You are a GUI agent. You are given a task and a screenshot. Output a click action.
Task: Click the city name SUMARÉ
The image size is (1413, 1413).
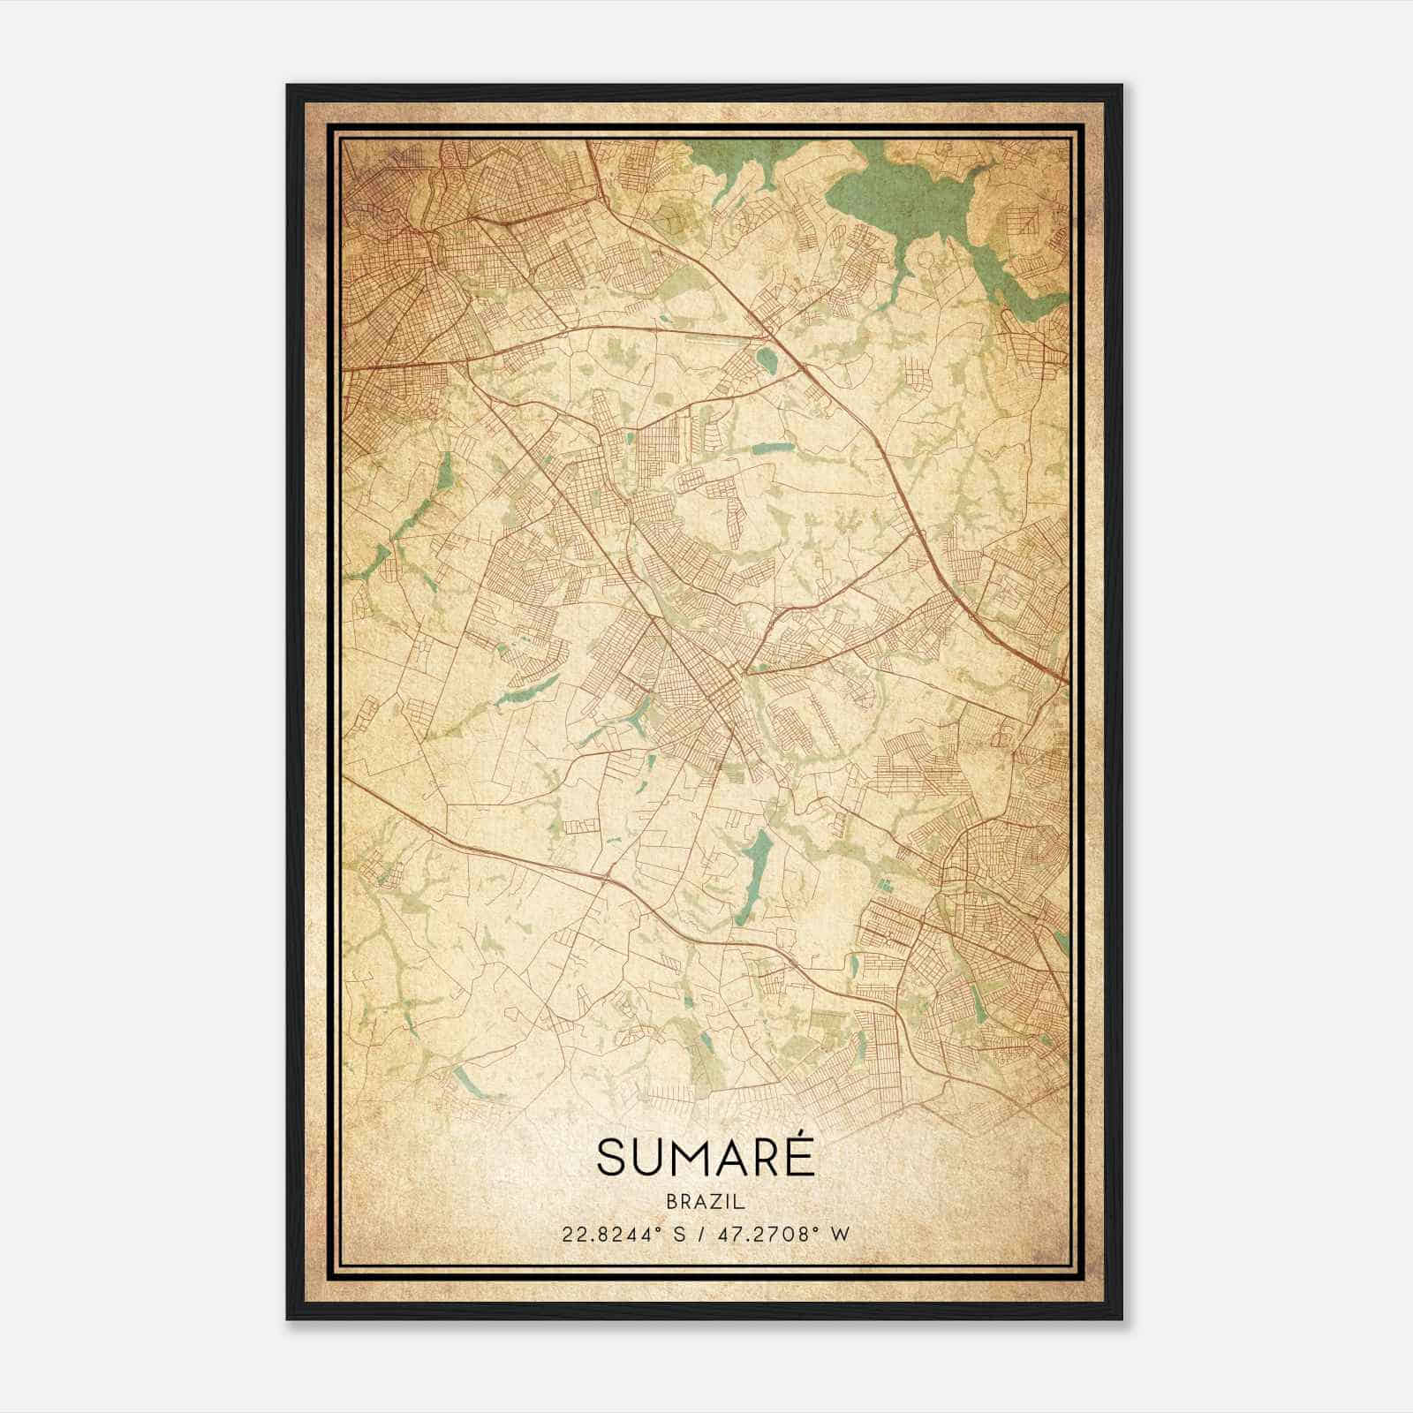[706, 1157]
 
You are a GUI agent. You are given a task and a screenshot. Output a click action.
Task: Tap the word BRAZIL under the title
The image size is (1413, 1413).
[706, 1202]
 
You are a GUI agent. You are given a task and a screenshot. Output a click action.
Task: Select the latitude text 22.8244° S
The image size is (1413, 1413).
[618, 1234]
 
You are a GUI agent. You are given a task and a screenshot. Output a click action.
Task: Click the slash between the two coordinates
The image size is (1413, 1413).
[699, 1234]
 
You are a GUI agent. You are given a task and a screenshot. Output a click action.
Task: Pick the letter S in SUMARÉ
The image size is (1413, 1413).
[611, 1158]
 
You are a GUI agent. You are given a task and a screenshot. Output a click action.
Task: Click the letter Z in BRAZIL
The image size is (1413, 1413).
[713, 1202]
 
